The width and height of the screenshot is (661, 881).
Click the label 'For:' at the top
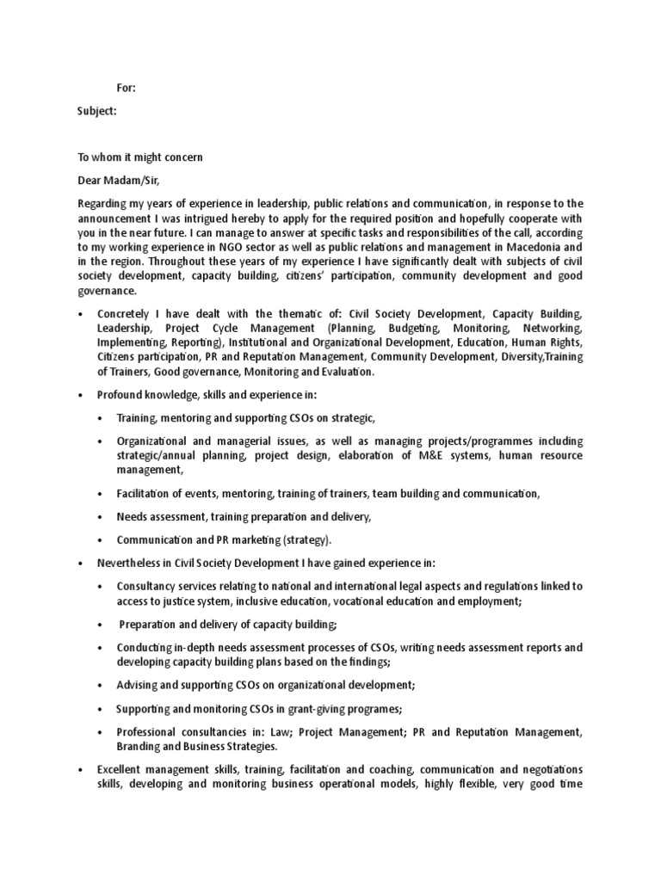point(126,88)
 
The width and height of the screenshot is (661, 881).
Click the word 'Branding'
point(141,747)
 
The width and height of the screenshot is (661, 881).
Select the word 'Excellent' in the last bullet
point(124,769)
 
